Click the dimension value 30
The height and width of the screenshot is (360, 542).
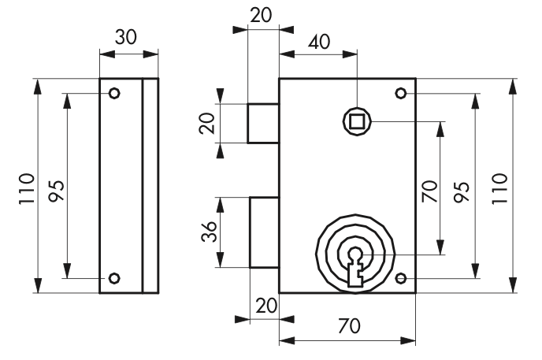(x=126, y=37)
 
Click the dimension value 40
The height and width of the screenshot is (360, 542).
(x=319, y=43)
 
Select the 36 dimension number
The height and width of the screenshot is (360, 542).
(x=209, y=232)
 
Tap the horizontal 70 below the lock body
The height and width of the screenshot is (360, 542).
(x=349, y=326)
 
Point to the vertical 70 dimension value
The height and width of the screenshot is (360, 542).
(x=429, y=191)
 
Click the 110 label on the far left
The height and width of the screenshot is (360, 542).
(x=27, y=189)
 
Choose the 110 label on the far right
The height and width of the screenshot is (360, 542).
(x=499, y=189)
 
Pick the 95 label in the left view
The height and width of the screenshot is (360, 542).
(x=57, y=191)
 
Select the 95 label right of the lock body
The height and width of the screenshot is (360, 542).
(x=462, y=191)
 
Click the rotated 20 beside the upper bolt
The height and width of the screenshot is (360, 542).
(x=207, y=124)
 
